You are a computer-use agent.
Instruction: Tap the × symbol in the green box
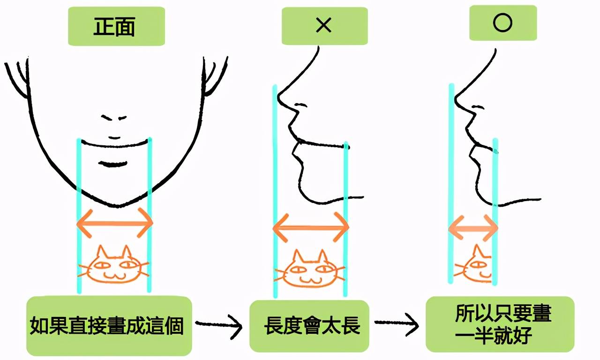coord(323,25)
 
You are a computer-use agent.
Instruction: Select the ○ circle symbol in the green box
coord(502,23)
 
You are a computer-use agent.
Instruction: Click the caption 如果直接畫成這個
coord(106,326)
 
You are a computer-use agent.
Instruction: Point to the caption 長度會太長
coord(312,325)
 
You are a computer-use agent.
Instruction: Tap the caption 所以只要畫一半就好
coord(500,324)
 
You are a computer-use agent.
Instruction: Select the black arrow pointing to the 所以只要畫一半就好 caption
coord(397,324)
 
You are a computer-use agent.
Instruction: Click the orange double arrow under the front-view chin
coord(115,223)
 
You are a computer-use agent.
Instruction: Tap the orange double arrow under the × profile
coord(311,228)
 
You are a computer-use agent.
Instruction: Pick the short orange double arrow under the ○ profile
coord(473,228)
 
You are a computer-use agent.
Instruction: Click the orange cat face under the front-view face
coord(114,265)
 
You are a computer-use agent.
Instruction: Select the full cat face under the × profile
coord(310,269)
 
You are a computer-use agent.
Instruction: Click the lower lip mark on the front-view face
coord(112,164)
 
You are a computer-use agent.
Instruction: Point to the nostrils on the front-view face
coord(113,118)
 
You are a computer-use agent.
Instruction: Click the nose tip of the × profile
coord(279,97)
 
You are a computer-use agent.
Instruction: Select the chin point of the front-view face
coord(118,206)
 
